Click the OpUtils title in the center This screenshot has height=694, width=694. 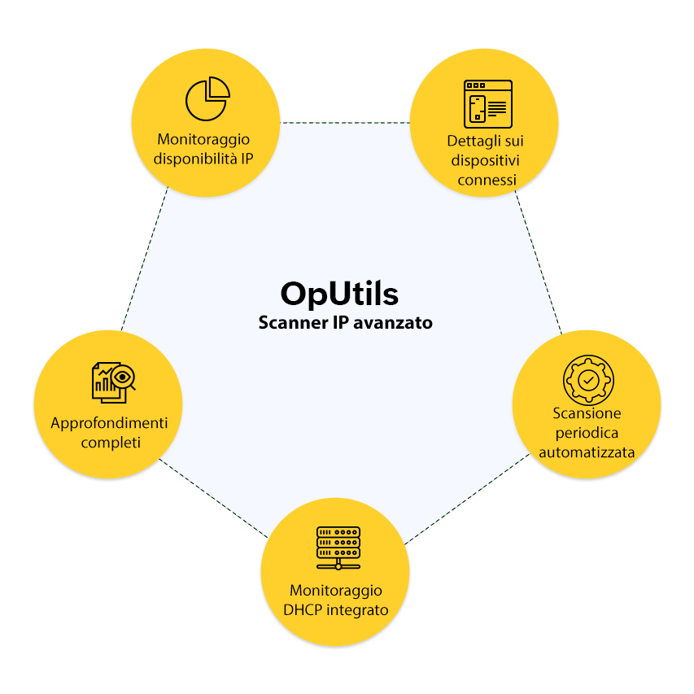point(339,293)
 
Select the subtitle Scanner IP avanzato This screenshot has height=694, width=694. point(345,323)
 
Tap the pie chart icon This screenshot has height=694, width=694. point(206,98)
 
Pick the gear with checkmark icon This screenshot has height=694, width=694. point(588,379)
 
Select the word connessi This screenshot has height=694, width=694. point(486,179)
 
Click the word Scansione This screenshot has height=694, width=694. point(587,413)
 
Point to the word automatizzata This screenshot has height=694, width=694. point(587,452)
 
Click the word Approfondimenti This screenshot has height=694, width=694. point(109,424)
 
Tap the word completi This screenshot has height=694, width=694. point(109,443)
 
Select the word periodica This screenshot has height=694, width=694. point(587,433)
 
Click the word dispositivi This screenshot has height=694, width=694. point(486,159)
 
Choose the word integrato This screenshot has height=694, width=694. point(358,609)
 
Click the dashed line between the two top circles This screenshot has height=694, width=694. point(345,124)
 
